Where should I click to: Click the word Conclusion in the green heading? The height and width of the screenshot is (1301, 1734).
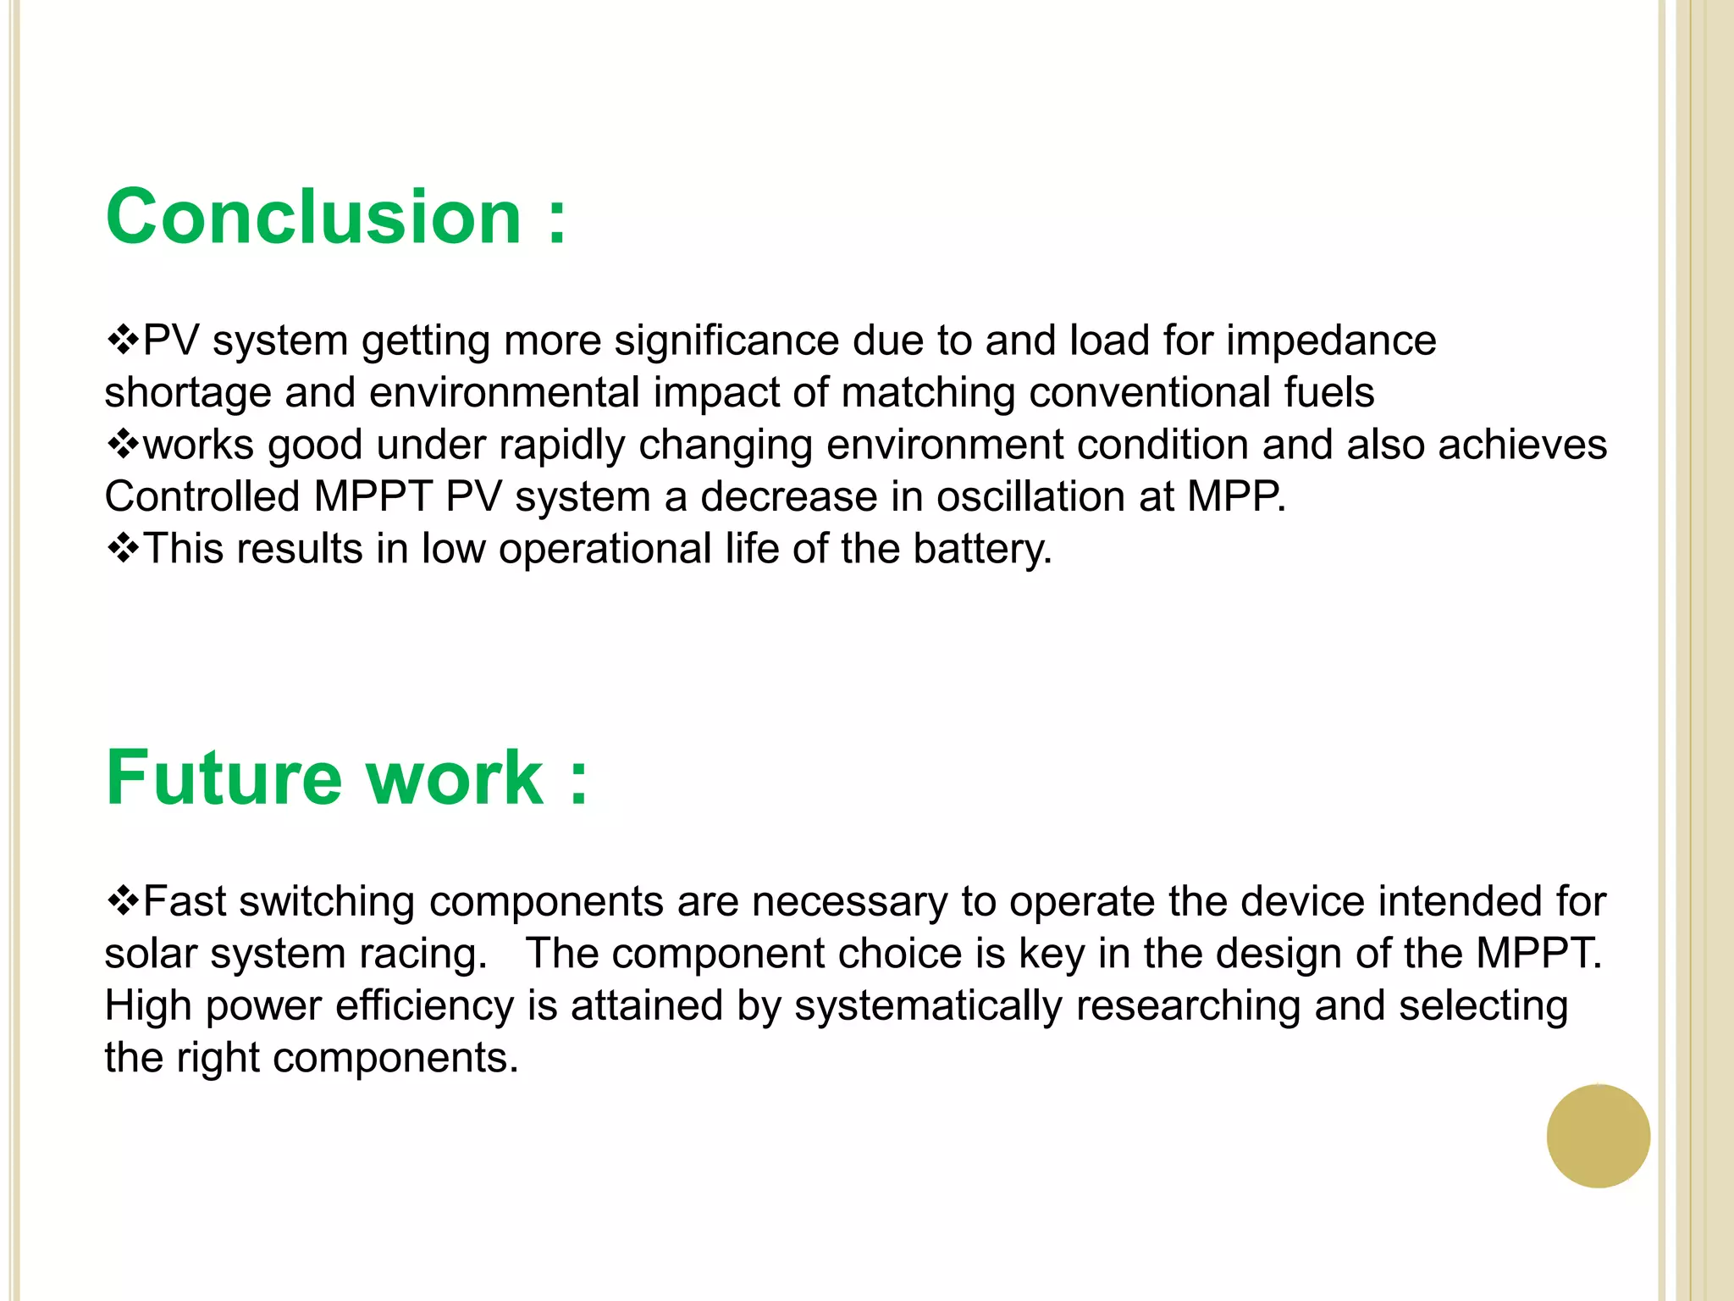click(x=313, y=218)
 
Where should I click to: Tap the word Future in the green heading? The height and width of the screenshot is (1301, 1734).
click(x=224, y=778)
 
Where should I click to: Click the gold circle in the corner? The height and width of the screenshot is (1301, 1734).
click(x=1598, y=1136)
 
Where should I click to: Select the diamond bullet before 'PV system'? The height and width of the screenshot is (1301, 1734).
click(x=123, y=340)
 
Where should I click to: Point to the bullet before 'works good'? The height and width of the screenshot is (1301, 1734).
click(x=123, y=445)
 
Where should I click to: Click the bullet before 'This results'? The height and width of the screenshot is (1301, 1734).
click(x=123, y=549)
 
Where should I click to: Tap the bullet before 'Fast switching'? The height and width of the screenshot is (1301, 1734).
click(x=123, y=901)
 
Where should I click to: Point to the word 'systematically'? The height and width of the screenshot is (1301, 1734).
click(x=928, y=1006)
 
